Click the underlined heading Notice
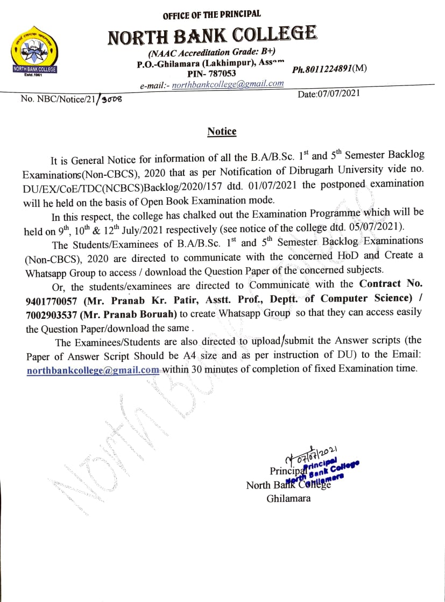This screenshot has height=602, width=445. (x=222, y=132)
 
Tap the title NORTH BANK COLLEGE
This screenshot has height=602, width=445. (x=212, y=36)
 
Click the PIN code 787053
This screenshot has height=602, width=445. (x=211, y=74)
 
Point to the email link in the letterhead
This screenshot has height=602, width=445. (x=228, y=84)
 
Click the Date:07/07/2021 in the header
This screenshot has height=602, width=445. (x=329, y=94)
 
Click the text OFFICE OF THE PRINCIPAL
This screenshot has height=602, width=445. (x=211, y=15)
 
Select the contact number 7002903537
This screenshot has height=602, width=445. (x=51, y=313)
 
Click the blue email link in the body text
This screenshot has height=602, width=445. (x=93, y=370)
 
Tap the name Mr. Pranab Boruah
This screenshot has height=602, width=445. (x=130, y=313)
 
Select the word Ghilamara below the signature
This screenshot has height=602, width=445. (x=288, y=498)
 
